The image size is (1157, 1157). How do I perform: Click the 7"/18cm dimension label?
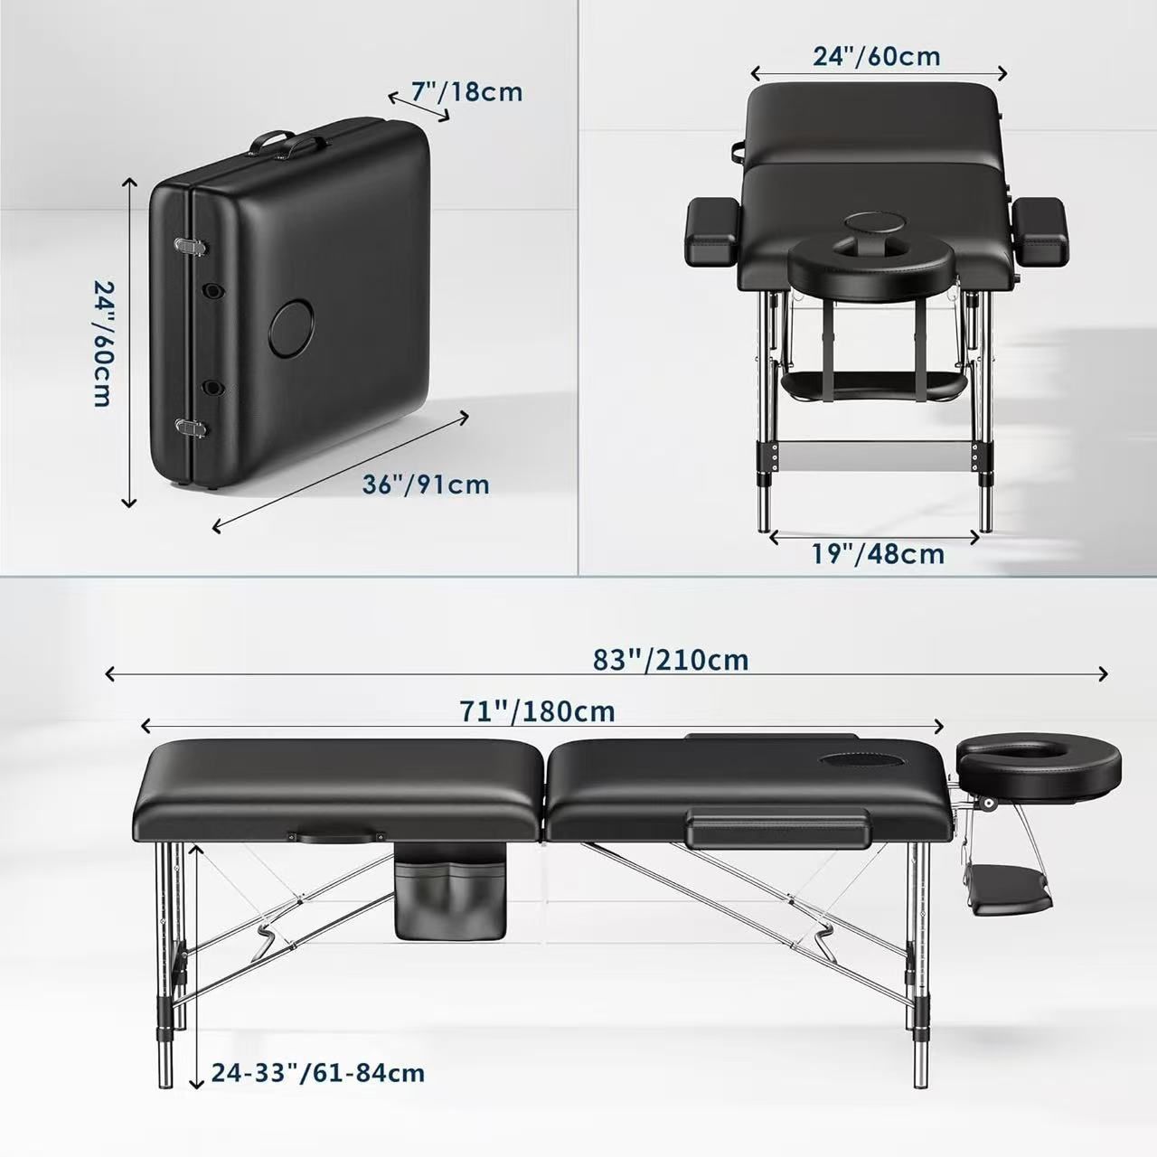tap(466, 92)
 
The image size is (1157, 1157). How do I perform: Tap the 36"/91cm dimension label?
tap(426, 484)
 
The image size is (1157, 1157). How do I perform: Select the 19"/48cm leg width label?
tap(879, 553)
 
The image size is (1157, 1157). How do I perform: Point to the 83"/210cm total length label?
tap(671, 660)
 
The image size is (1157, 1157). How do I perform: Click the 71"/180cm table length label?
tap(537, 711)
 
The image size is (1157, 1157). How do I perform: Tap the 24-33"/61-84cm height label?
tap(318, 1072)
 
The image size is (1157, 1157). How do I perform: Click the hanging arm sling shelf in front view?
tap(875, 384)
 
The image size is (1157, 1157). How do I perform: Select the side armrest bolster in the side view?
tap(777, 827)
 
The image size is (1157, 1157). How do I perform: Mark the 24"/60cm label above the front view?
tap(877, 56)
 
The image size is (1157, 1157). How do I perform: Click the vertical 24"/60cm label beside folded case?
tap(104, 344)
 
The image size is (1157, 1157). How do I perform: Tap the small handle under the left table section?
tap(336, 836)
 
